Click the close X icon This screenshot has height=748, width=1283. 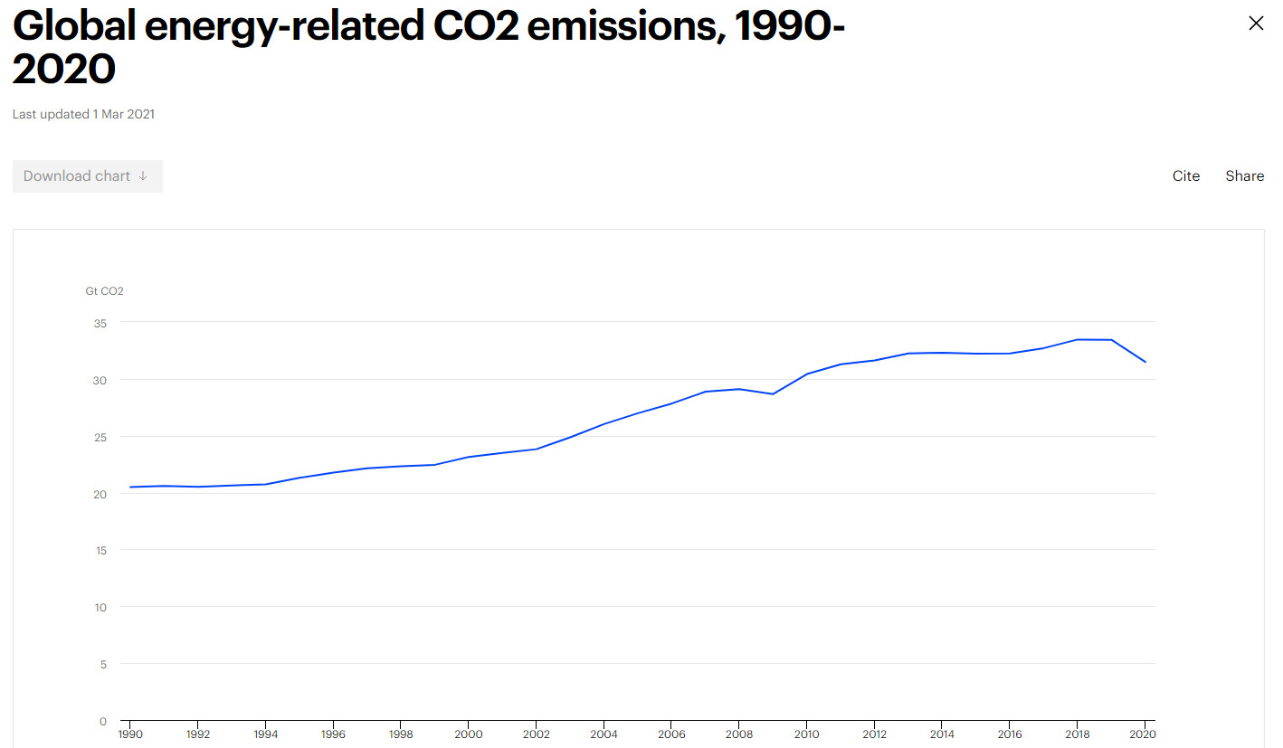click(x=1255, y=24)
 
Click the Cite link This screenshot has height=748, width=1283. click(x=1185, y=176)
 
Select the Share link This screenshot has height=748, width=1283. click(x=1244, y=176)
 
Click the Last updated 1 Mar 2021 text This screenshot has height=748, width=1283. click(x=83, y=114)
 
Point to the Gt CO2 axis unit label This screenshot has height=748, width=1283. click(x=104, y=291)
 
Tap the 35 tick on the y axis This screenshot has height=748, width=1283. click(x=100, y=323)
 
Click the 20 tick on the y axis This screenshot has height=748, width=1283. click(x=100, y=494)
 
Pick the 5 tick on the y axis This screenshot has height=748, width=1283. click(x=102, y=664)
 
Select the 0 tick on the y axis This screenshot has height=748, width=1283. click(x=102, y=721)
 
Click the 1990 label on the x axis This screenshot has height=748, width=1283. click(x=130, y=734)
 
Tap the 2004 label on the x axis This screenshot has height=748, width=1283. click(x=603, y=734)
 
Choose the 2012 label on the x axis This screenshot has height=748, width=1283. click(x=874, y=734)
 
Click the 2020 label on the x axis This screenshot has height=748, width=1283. click(x=1144, y=734)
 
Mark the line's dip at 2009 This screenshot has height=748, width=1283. click(x=773, y=393)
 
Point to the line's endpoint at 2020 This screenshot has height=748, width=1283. click(x=1145, y=362)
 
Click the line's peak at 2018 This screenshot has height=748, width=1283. click(x=1077, y=339)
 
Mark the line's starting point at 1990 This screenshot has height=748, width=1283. click(x=130, y=487)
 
